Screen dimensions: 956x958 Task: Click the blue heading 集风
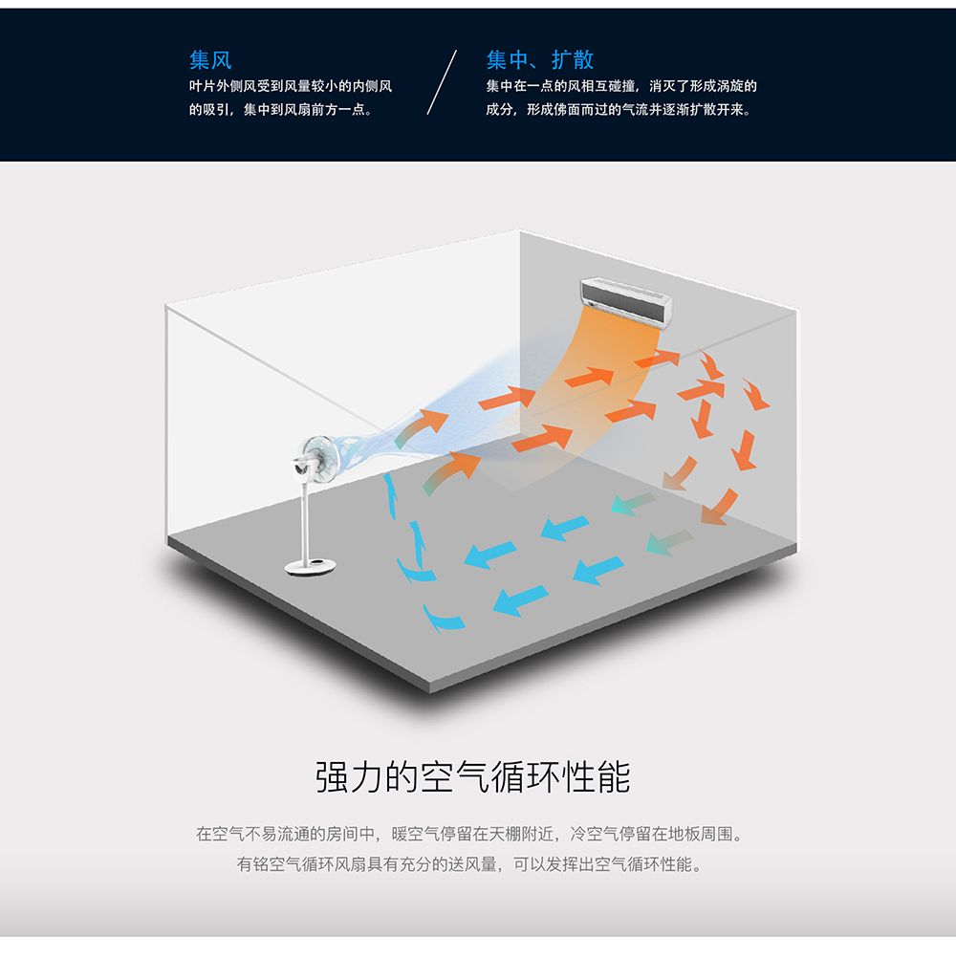[210, 60]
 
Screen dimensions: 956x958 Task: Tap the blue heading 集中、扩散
[540, 60]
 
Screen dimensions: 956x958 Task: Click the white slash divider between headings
[442, 82]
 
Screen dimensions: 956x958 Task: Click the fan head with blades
[318, 458]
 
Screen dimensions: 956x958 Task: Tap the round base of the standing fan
[311, 568]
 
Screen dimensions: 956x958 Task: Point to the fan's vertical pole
[305, 520]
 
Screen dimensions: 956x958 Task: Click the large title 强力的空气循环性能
[473, 777]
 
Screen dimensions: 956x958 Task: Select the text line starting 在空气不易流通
[469, 834]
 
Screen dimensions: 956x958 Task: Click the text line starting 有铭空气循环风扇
[469, 864]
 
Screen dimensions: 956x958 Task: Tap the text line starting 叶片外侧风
[291, 86]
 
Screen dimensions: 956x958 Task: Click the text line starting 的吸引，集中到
[280, 110]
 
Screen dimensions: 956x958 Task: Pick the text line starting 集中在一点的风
[621, 86]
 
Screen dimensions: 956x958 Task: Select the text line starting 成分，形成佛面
[619, 110]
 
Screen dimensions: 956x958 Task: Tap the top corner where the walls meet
[520, 229]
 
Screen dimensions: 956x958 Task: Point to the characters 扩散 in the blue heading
[573, 60]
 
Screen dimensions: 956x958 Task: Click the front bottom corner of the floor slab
[430, 693]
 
